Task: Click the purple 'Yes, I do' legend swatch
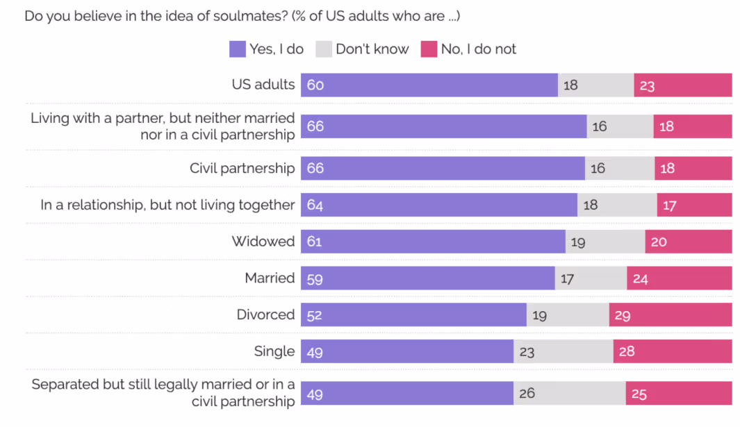[238, 49]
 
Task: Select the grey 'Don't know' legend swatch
[324, 49]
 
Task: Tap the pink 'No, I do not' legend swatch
[429, 49]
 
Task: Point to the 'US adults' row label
[263, 85]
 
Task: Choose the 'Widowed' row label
[263, 242]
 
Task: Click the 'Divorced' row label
[265, 315]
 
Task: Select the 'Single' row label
[274, 351]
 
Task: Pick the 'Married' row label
[270, 278]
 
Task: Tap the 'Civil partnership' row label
[242, 169]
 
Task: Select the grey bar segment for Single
[563, 351]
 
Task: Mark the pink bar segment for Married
[679, 278]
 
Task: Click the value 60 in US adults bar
[315, 85]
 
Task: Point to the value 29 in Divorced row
[622, 315]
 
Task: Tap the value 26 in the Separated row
[527, 394]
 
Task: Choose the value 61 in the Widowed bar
[315, 242]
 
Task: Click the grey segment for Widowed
[605, 242]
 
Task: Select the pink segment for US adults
[682, 85]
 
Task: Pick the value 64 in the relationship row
[315, 205]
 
